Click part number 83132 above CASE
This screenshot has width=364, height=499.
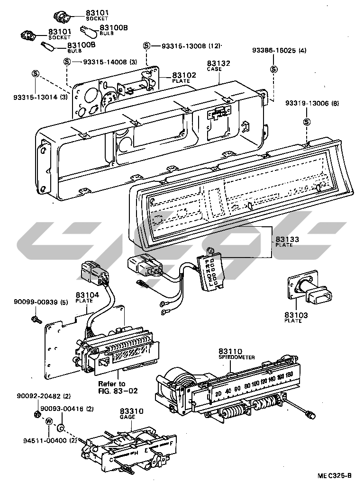218,63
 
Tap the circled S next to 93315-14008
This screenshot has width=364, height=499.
67,62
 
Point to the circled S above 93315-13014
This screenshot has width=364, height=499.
36,74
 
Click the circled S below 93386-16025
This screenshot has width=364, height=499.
273,70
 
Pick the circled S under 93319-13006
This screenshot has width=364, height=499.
307,122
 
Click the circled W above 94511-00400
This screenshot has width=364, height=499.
49,421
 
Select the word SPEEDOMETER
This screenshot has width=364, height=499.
237,357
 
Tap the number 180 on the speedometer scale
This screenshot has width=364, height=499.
289,375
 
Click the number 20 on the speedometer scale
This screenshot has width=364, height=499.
218,394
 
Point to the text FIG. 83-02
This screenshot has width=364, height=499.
118,391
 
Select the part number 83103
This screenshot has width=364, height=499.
296,315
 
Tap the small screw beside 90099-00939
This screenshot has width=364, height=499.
37,320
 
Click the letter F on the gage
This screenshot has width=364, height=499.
171,443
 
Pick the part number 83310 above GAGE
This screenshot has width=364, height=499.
132,411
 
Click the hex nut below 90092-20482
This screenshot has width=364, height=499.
36,414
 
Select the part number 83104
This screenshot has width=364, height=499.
87,294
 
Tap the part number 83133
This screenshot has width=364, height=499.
287,239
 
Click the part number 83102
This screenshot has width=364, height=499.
184,75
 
